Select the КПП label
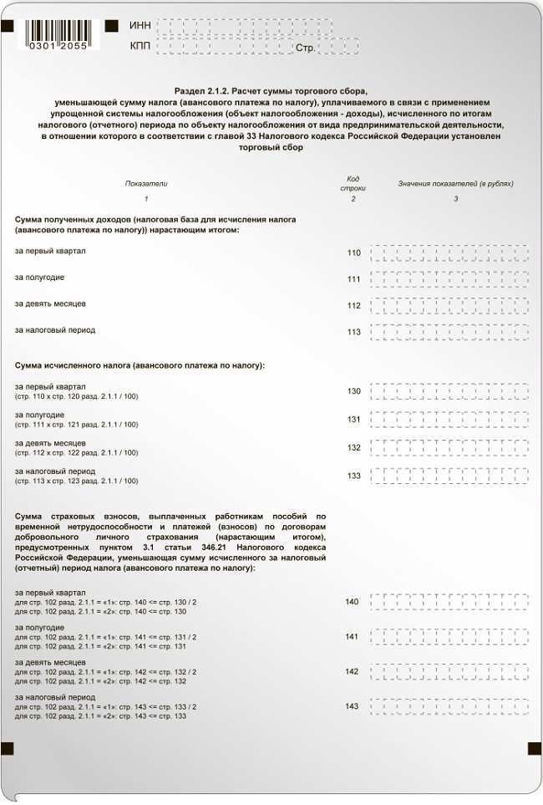(x=140, y=46)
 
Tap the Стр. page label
(x=305, y=48)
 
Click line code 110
(x=353, y=252)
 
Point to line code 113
(x=353, y=332)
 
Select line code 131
(x=353, y=419)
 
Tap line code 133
(x=353, y=476)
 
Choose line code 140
(x=352, y=602)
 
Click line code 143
(x=352, y=706)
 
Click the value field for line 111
(x=449, y=278)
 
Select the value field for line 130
(x=449, y=390)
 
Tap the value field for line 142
(x=449, y=671)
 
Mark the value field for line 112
(x=449, y=305)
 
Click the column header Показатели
(x=146, y=183)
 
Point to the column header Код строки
(x=353, y=183)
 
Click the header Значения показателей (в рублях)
(x=455, y=183)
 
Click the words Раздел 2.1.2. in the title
(x=202, y=89)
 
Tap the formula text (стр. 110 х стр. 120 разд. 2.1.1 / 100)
(x=77, y=396)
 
